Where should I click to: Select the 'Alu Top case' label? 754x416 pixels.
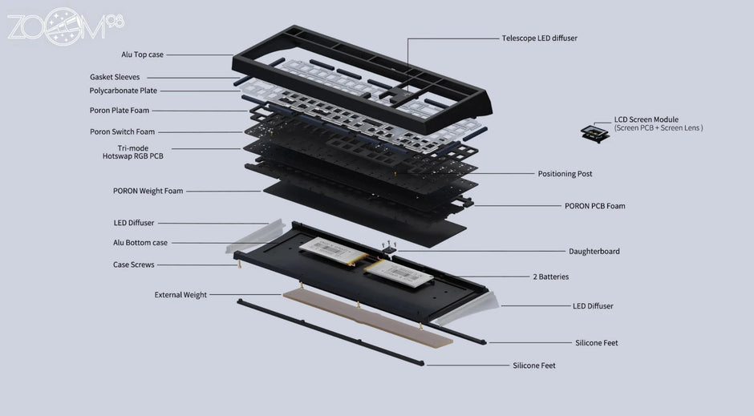[x=143, y=55]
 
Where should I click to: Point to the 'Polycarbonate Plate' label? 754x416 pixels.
[x=123, y=91]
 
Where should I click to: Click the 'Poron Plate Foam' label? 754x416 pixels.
[x=119, y=111]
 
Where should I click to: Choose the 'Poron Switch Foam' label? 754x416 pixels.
[x=122, y=131]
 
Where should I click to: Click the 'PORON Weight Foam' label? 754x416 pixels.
[x=148, y=191]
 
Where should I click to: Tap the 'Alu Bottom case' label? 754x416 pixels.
[x=140, y=242]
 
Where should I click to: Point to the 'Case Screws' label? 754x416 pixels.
[x=133, y=265]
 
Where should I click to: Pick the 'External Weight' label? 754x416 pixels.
[x=180, y=295]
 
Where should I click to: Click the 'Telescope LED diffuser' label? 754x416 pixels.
[x=539, y=38]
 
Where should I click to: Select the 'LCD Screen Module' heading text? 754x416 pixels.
[x=646, y=119]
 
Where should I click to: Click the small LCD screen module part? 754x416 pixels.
[x=594, y=133]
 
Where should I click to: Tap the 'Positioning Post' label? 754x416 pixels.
[x=565, y=173]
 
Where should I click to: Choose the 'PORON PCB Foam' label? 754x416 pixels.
[x=594, y=206]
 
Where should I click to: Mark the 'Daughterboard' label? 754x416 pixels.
[x=594, y=251]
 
